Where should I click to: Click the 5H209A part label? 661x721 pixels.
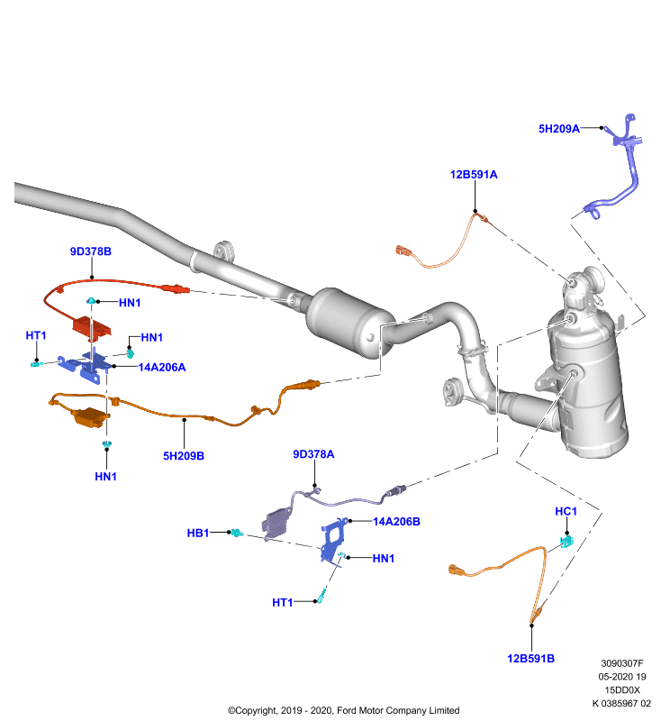tap(558, 129)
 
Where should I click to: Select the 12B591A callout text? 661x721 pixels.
tap(474, 175)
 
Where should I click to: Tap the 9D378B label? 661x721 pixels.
tap(90, 251)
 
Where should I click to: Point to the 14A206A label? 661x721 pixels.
tap(162, 368)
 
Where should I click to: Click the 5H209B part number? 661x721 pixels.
tap(184, 456)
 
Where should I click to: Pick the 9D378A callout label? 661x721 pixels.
tap(313, 454)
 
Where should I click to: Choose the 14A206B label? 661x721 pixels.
tap(396, 522)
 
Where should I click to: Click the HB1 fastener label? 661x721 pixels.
tap(198, 533)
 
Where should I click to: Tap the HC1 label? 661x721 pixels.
tap(566, 511)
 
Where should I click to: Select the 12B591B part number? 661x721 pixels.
tap(530, 659)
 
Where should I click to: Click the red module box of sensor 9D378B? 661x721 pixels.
tap(92, 326)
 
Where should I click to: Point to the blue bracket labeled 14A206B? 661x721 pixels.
tap(334, 539)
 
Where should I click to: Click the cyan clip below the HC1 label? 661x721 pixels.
tap(567, 542)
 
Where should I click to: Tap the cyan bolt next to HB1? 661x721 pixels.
tap(237, 533)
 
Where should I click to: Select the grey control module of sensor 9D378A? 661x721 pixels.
tap(276, 524)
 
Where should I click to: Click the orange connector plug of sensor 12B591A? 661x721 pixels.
tap(403, 251)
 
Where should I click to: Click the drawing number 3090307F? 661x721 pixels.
tap(622, 663)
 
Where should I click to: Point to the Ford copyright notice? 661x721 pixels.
tap(344, 710)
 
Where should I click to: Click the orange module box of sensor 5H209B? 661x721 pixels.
tap(90, 417)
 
